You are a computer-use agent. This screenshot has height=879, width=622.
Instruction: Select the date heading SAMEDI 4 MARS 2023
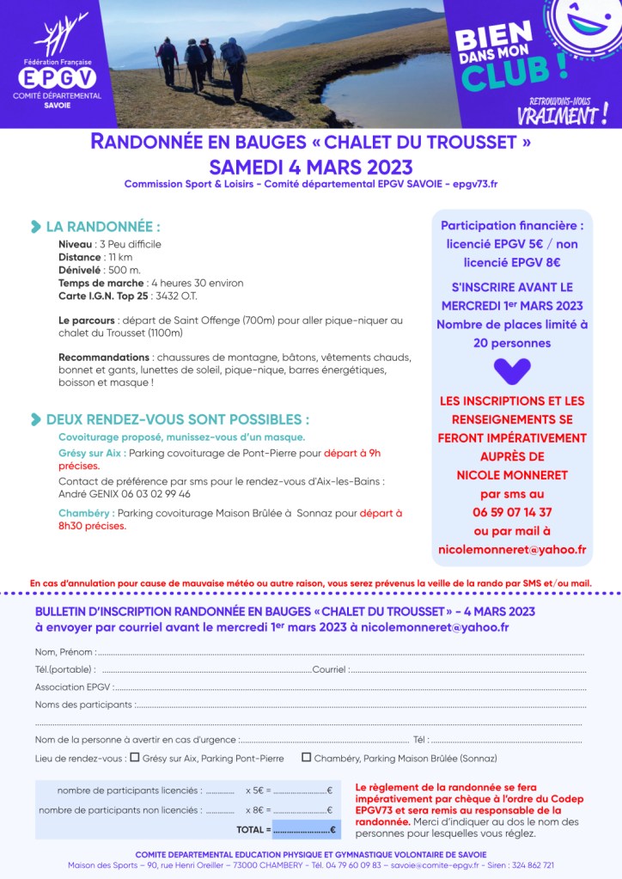(x=310, y=167)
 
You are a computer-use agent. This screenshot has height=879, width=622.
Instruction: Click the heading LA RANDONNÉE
(x=102, y=227)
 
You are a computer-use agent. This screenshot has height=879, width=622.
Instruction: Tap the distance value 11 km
(x=119, y=257)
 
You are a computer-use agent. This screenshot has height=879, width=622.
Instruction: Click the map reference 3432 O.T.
(x=177, y=296)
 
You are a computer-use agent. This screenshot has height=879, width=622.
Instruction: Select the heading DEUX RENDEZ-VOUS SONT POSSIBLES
(x=177, y=419)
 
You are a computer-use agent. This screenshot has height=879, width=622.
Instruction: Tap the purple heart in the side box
(x=512, y=371)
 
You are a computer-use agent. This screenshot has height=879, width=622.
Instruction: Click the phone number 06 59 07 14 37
(x=512, y=512)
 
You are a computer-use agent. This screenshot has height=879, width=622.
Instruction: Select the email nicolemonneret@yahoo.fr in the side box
(x=512, y=550)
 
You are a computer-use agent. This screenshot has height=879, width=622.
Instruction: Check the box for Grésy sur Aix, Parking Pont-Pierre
(x=134, y=758)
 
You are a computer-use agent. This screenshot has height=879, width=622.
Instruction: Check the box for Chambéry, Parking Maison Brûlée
(x=306, y=758)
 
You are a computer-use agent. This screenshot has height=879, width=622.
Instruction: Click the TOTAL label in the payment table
(x=253, y=829)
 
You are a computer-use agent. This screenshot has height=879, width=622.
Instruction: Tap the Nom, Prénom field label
(x=64, y=652)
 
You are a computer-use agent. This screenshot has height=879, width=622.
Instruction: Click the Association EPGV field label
(x=72, y=687)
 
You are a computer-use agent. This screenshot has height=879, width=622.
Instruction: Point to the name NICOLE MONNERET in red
(x=512, y=475)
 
